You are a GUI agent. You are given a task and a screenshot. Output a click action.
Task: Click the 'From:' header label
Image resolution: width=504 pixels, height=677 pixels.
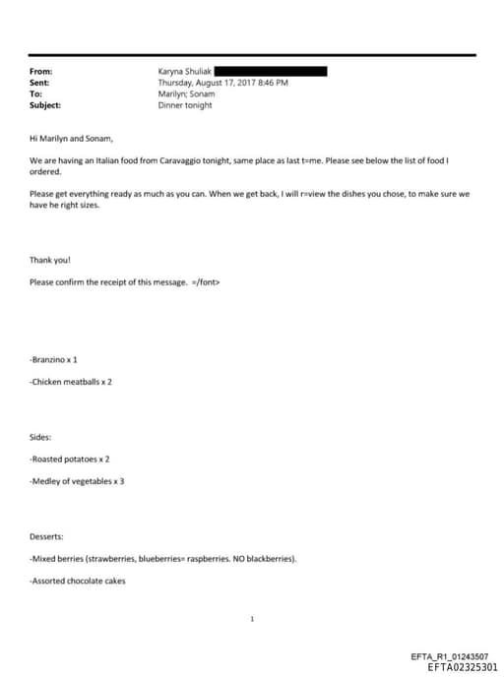pyautogui.click(x=40, y=72)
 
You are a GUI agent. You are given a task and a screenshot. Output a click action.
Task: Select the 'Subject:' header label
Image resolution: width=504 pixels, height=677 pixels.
pyautogui.click(x=45, y=105)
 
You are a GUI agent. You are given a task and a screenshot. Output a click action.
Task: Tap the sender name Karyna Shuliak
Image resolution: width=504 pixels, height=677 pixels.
pyautogui.click(x=184, y=72)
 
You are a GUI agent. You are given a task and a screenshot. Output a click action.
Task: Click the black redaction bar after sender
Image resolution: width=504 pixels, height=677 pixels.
pyautogui.click(x=270, y=72)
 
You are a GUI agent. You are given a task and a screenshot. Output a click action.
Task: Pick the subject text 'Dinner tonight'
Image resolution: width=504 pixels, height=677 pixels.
pyautogui.click(x=185, y=105)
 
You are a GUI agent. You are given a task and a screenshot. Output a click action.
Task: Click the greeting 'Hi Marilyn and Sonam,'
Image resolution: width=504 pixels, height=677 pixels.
pyautogui.click(x=72, y=139)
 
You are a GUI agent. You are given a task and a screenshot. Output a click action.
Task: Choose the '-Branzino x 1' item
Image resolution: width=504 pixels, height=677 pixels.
pyautogui.click(x=53, y=359)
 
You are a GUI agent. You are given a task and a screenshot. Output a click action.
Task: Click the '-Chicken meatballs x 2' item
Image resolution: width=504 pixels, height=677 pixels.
pyautogui.click(x=71, y=381)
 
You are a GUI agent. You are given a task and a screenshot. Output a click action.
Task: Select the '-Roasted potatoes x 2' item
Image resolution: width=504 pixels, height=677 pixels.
pyautogui.click(x=70, y=459)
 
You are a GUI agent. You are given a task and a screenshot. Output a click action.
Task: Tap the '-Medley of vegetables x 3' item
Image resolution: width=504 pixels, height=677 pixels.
pyautogui.click(x=77, y=480)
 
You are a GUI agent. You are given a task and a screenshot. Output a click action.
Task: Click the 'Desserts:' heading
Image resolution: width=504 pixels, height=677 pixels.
pyautogui.click(x=46, y=536)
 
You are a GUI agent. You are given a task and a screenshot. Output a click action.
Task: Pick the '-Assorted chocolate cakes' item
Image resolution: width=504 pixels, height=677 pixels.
pyautogui.click(x=78, y=581)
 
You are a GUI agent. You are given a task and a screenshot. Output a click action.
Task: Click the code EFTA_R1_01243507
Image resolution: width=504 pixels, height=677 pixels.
pyautogui.click(x=455, y=656)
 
